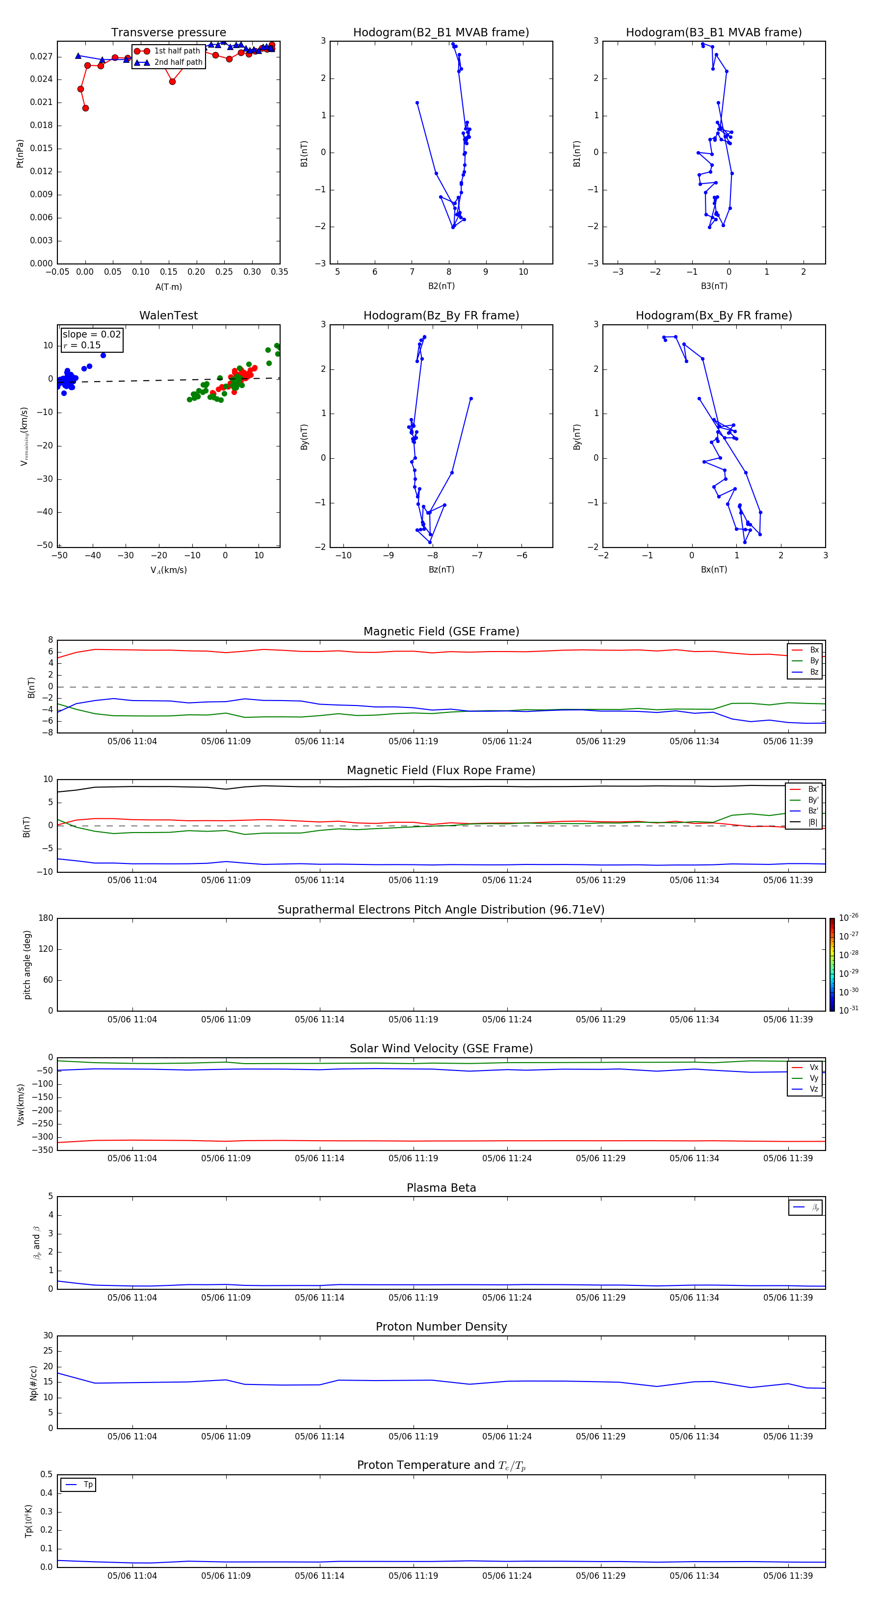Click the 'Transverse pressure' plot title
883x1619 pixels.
point(168,33)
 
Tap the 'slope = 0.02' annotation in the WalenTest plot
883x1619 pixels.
point(91,335)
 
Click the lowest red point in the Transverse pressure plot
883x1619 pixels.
point(85,108)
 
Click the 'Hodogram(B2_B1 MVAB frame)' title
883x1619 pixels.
point(441,33)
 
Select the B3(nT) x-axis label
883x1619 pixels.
point(714,286)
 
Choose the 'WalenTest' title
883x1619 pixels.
point(168,315)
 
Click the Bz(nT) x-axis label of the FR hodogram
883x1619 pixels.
point(441,570)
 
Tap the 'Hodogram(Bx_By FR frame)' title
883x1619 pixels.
point(713,315)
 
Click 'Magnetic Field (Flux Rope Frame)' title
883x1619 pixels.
point(441,771)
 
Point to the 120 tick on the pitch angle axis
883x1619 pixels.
point(46,949)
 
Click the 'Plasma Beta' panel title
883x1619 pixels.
point(441,1188)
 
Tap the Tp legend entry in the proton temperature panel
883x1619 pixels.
point(87,1485)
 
